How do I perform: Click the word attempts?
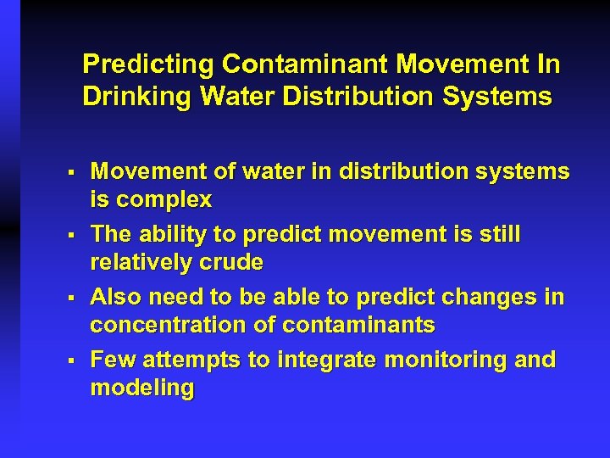(x=191, y=360)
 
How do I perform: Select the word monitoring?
(x=446, y=360)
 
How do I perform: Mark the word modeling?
(x=142, y=388)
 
